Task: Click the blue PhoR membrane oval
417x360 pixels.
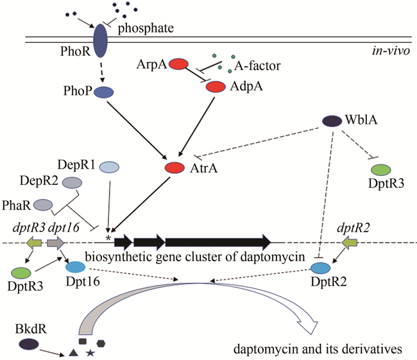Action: coord(101,41)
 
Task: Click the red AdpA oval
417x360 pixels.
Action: coord(216,86)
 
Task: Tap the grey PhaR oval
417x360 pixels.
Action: coord(43,205)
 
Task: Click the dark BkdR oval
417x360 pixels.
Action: coord(28,344)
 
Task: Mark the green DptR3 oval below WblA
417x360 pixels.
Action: coord(381,169)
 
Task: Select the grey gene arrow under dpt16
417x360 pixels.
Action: coord(56,243)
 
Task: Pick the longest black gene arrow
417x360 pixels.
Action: coord(218,242)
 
